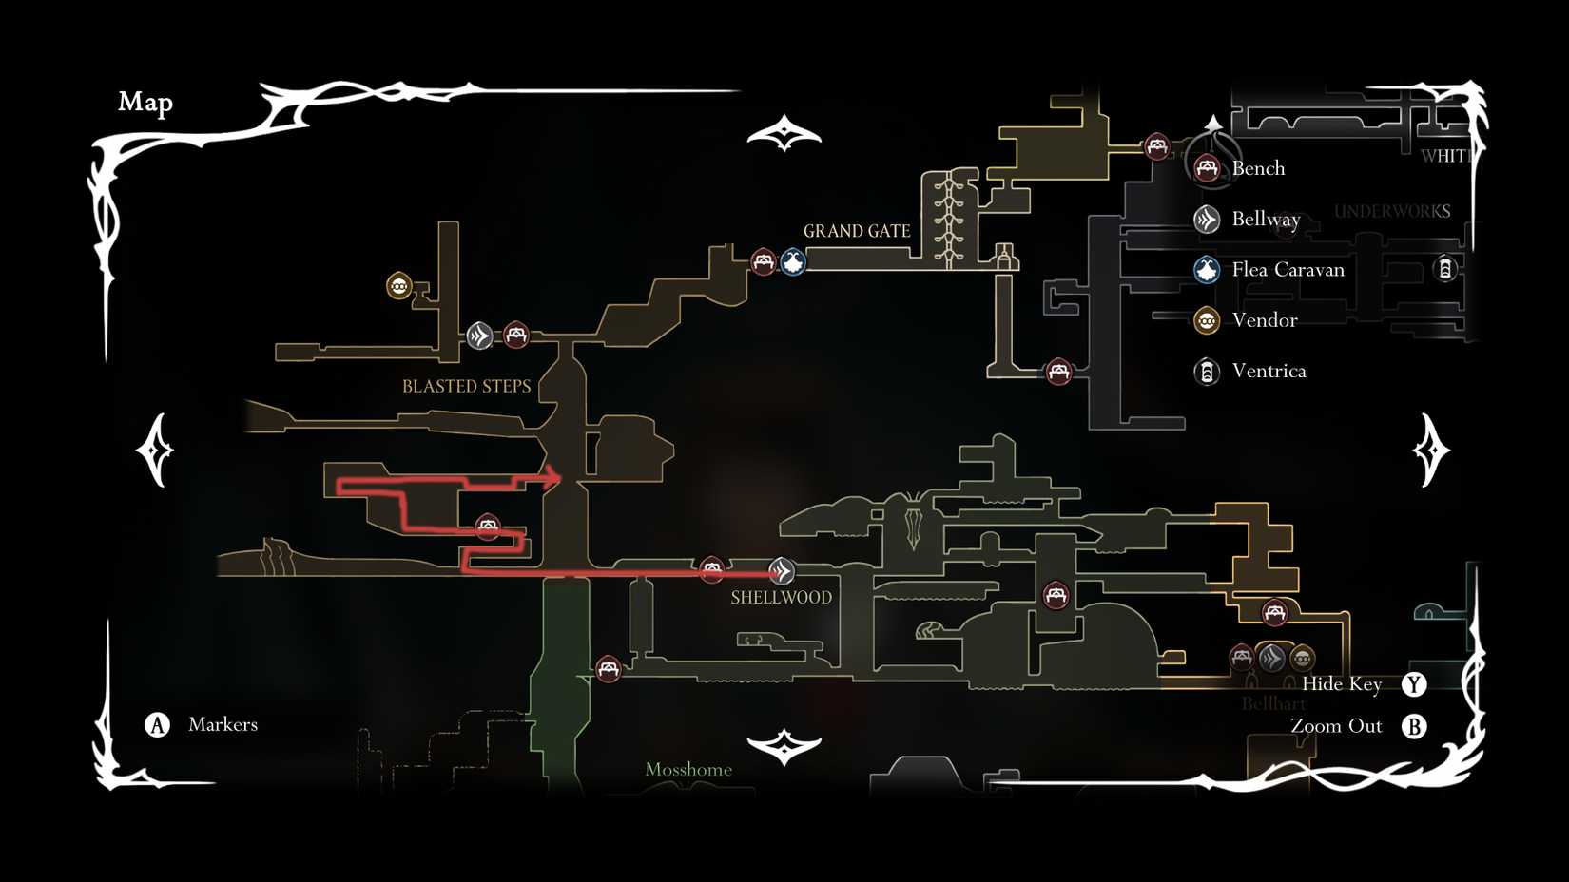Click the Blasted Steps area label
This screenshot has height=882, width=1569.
tap(466, 386)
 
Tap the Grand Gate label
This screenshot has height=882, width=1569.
tap(856, 231)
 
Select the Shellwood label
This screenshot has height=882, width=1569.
tap(781, 598)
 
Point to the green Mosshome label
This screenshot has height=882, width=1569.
tap(688, 770)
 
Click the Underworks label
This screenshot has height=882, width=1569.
tap(1392, 211)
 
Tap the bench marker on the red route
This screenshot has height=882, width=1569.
tap(488, 526)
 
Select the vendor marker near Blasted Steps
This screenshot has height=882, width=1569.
tap(399, 285)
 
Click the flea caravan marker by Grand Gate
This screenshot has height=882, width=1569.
tap(793, 261)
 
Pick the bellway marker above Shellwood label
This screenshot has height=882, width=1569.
tap(782, 570)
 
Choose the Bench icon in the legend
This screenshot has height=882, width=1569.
tap(1207, 168)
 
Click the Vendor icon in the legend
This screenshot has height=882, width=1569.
tap(1207, 320)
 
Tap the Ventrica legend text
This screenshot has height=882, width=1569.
tap(1269, 371)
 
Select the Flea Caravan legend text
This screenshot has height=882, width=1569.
tap(1288, 270)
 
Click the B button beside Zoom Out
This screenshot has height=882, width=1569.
tap(1414, 726)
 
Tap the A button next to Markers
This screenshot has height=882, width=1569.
tap(158, 725)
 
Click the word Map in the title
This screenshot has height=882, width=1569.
tap(145, 102)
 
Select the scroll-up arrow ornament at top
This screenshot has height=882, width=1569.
tap(784, 134)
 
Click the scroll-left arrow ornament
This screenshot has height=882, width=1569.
tap(156, 450)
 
